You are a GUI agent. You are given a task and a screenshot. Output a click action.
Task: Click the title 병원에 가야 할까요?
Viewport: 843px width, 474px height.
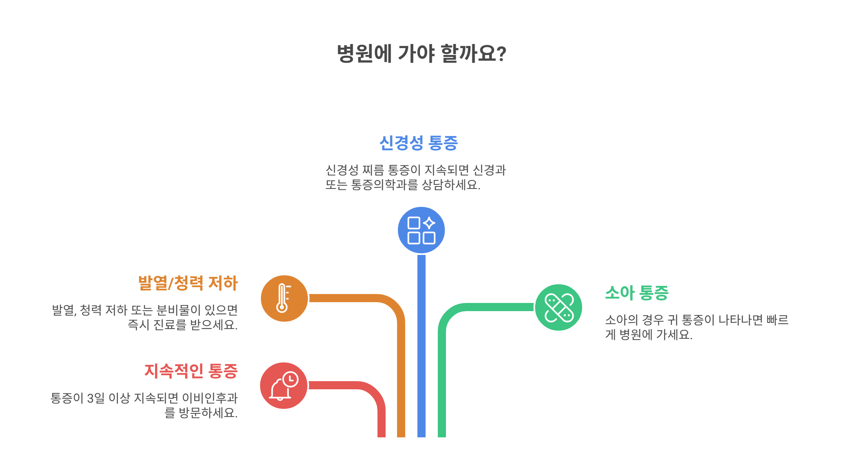(x=421, y=54)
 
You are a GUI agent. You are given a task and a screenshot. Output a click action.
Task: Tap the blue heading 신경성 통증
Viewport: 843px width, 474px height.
(x=419, y=143)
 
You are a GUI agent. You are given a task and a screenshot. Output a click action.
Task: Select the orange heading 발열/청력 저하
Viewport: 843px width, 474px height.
(x=188, y=283)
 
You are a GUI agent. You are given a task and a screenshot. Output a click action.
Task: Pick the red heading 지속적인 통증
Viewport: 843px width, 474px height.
(x=191, y=371)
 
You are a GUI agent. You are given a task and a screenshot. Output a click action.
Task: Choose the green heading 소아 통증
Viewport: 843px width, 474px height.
(x=637, y=293)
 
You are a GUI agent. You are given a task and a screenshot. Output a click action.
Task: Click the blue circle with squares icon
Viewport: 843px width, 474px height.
(x=421, y=230)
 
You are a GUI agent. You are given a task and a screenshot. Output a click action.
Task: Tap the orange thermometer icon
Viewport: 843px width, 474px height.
(x=284, y=298)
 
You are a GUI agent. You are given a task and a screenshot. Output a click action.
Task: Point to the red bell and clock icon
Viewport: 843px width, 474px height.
(x=284, y=386)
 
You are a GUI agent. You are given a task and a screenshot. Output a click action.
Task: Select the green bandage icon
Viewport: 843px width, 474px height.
(x=558, y=307)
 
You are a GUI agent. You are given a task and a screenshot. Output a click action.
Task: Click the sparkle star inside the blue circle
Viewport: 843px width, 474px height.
(x=429, y=223)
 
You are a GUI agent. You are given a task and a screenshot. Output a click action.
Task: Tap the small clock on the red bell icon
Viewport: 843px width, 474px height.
(x=290, y=379)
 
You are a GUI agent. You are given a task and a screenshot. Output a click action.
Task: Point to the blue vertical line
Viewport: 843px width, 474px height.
(x=421, y=346)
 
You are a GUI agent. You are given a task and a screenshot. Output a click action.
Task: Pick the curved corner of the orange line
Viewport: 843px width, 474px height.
(x=393, y=306)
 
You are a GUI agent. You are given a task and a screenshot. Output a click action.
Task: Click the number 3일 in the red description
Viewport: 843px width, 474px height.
(x=96, y=398)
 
